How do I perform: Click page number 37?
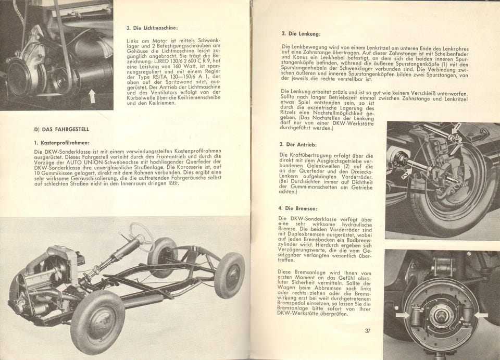[367, 330]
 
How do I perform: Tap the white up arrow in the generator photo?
[92, 96]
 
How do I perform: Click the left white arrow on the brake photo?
[402, 315]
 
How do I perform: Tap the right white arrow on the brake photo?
[480, 315]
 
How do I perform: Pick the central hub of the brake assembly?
[441, 315]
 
